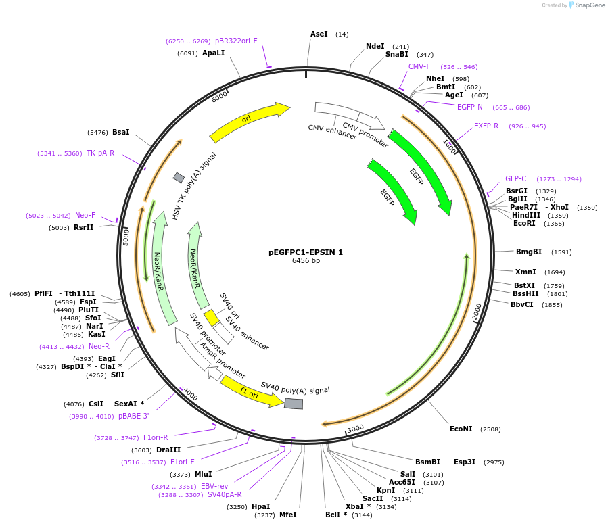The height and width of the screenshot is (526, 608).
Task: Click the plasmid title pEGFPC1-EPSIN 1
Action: tap(306, 252)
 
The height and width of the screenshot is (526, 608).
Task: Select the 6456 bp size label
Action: tap(306, 260)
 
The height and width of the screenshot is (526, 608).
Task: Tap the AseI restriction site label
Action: tap(319, 34)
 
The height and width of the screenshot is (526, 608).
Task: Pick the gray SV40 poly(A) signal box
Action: tap(294, 404)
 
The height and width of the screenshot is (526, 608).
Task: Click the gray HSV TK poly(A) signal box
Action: tap(179, 177)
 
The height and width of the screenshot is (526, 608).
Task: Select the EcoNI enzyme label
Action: tap(461, 429)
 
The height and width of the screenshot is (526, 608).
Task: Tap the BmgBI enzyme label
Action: tap(529, 252)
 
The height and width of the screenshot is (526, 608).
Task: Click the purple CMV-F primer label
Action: tap(419, 66)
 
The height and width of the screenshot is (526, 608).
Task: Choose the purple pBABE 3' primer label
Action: tap(133, 416)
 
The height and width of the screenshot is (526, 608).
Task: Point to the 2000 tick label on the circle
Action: tap(477, 312)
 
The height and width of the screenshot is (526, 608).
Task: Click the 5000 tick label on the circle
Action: tap(126, 237)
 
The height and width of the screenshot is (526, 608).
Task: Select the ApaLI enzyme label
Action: tap(213, 53)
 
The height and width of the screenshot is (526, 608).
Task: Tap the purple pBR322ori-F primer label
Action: tap(236, 41)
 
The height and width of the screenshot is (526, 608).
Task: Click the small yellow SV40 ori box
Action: tap(212, 317)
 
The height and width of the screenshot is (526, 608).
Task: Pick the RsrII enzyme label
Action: tap(84, 227)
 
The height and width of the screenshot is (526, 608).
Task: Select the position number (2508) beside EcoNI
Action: tap(490, 429)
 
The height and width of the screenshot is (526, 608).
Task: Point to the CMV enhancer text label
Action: tap(332, 132)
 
